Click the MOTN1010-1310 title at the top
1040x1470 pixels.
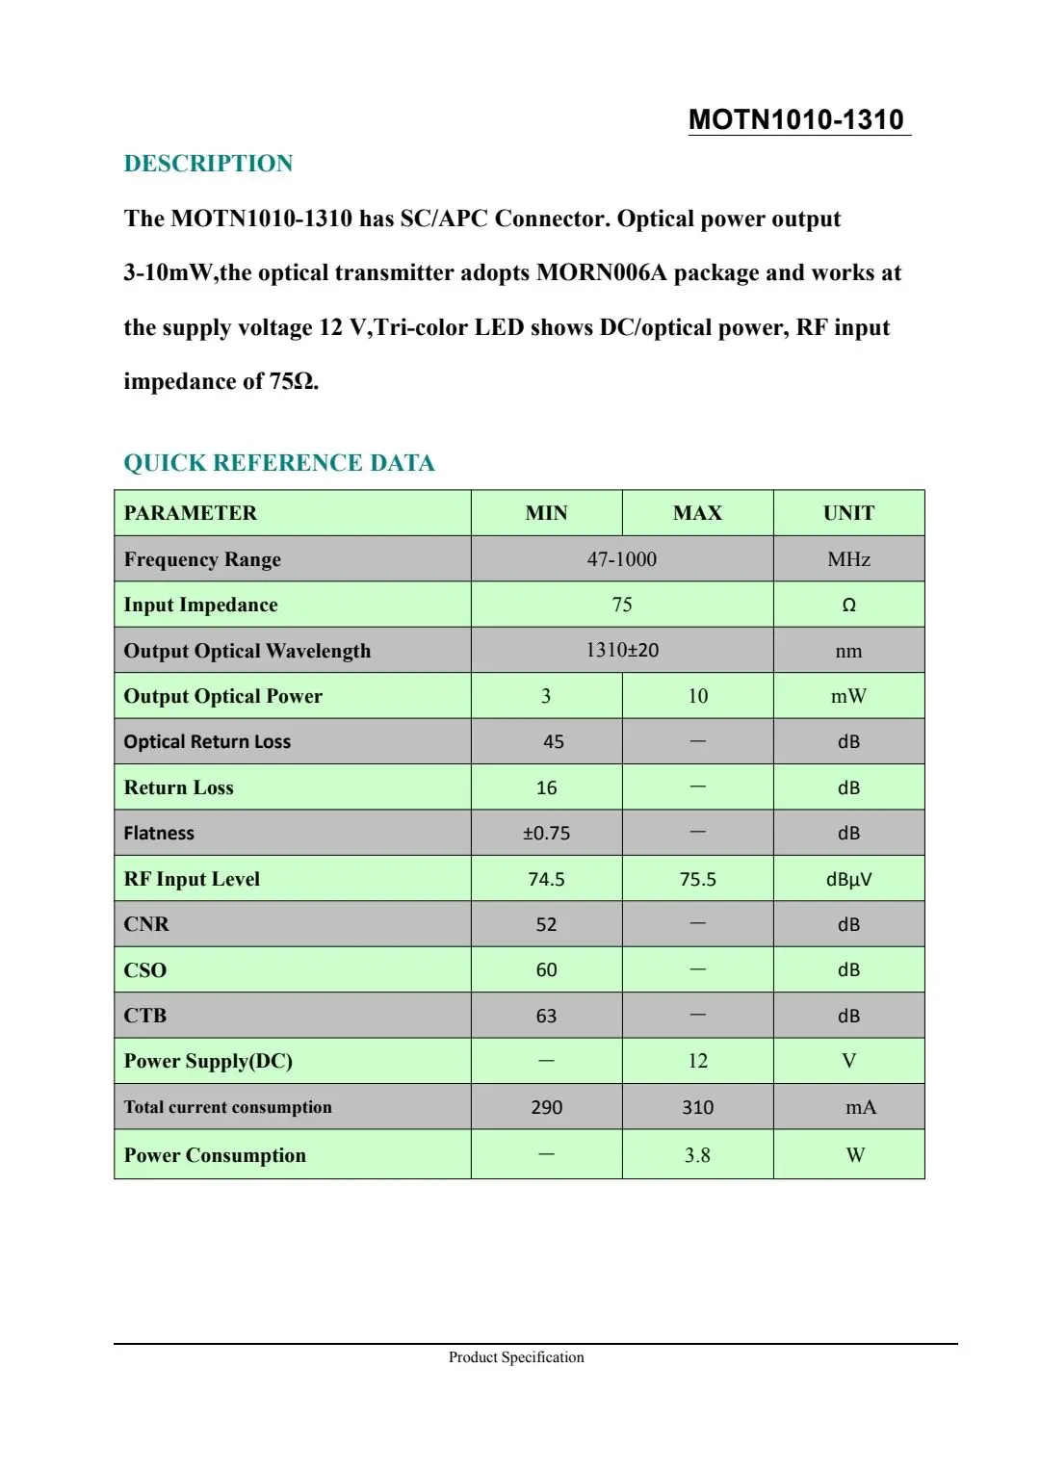796,119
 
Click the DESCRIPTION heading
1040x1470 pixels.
208,164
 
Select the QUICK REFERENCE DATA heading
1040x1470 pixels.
279,463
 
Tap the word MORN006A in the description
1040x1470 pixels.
601,273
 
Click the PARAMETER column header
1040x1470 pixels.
191,513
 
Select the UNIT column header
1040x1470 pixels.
848,513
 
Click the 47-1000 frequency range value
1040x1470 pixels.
622,559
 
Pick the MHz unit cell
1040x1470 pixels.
848,559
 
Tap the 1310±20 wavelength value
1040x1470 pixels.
622,650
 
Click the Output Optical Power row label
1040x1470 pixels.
223,696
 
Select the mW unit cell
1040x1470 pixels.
848,696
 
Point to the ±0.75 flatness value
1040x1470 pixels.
546,834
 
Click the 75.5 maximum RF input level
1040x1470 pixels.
697,879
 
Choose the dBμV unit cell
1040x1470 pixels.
848,879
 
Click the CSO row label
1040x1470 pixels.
145,970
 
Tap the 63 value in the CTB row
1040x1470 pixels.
546,1016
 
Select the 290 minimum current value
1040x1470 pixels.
546,1107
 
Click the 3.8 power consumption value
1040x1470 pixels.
697,1155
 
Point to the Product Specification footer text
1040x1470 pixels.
516,1357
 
